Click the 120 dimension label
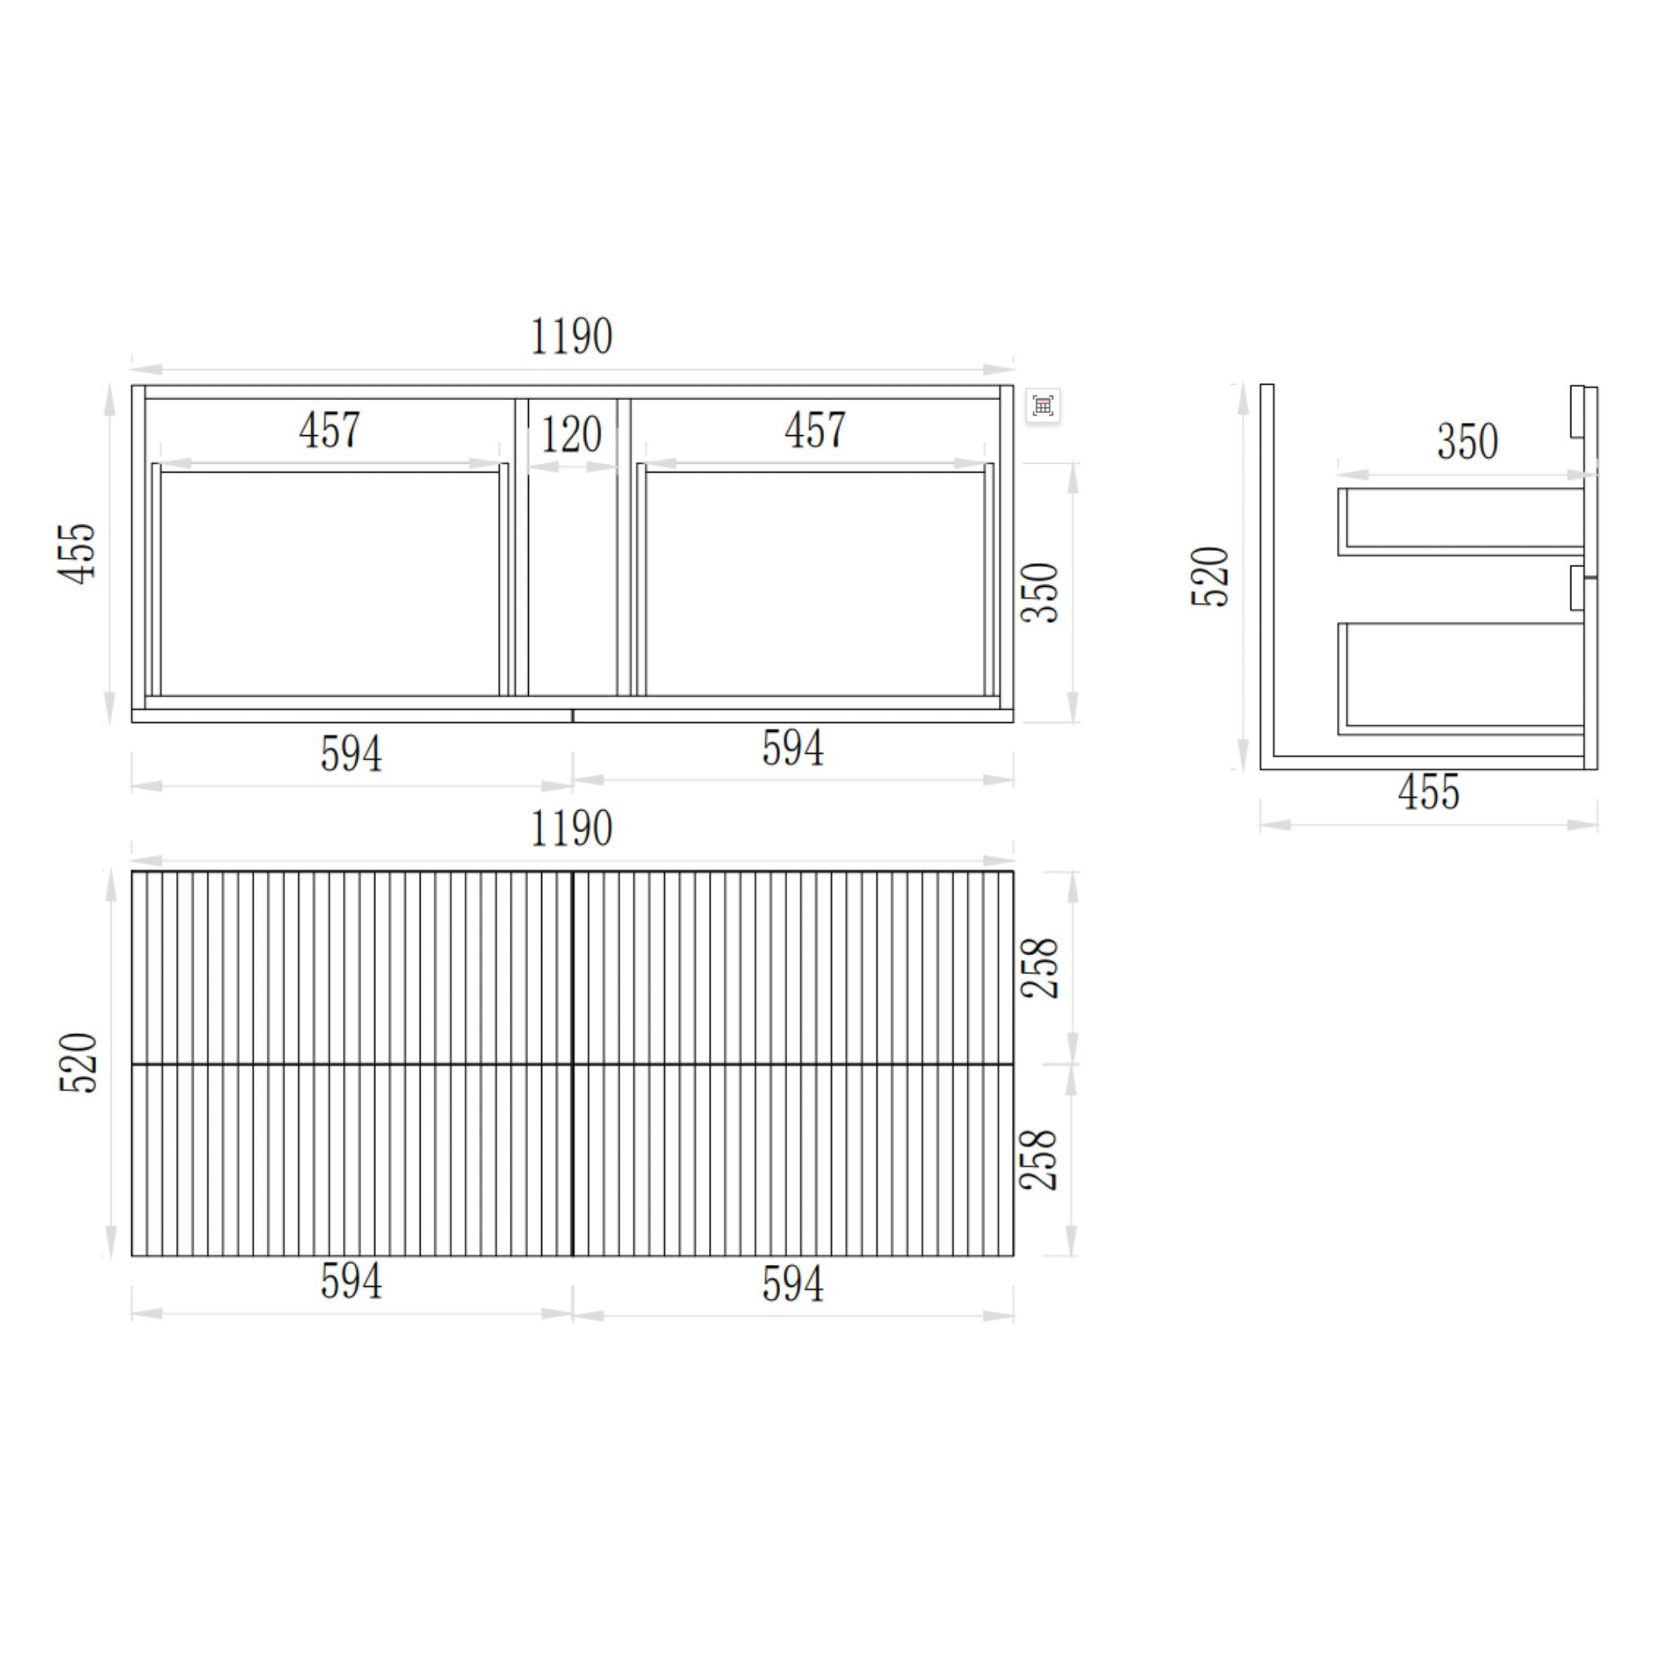(571, 434)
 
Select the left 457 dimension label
(329, 429)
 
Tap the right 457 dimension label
(815, 429)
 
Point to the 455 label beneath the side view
(1429, 792)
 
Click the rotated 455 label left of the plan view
(77, 553)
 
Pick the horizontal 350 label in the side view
(1468, 442)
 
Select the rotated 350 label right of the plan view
(1039, 592)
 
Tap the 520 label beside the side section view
(1209, 577)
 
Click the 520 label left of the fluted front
(78, 1063)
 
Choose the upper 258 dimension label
(1039, 967)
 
